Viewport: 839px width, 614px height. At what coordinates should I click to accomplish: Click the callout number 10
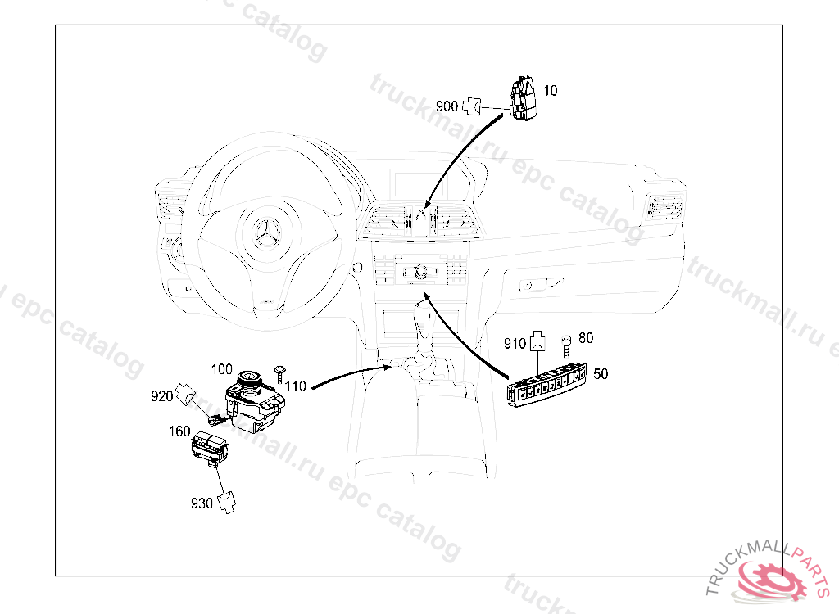click(551, 90)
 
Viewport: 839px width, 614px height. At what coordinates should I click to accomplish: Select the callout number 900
click(447, 106)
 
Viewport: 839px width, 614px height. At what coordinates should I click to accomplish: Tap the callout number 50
click(601, 374)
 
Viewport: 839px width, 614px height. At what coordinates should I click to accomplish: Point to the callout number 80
click(586, 337)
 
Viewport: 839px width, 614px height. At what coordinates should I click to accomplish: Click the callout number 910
click(515, 344)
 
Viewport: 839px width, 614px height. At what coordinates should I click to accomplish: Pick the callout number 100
click(221, 369)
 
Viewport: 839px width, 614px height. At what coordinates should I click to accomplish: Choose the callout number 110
click(296, 386)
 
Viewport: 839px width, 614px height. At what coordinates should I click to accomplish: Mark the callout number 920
click(161, 397)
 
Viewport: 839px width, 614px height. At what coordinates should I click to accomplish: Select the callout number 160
click(179, 431)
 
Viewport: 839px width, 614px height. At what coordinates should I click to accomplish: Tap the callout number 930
click(202, 503)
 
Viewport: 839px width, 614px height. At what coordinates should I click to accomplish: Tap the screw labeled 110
click(281, 374)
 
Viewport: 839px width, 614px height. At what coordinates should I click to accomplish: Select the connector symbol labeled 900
click(472, 106)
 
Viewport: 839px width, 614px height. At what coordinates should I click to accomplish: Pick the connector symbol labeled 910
click(537, 340)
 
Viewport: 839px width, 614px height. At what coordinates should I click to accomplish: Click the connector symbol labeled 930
click(229, 499)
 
